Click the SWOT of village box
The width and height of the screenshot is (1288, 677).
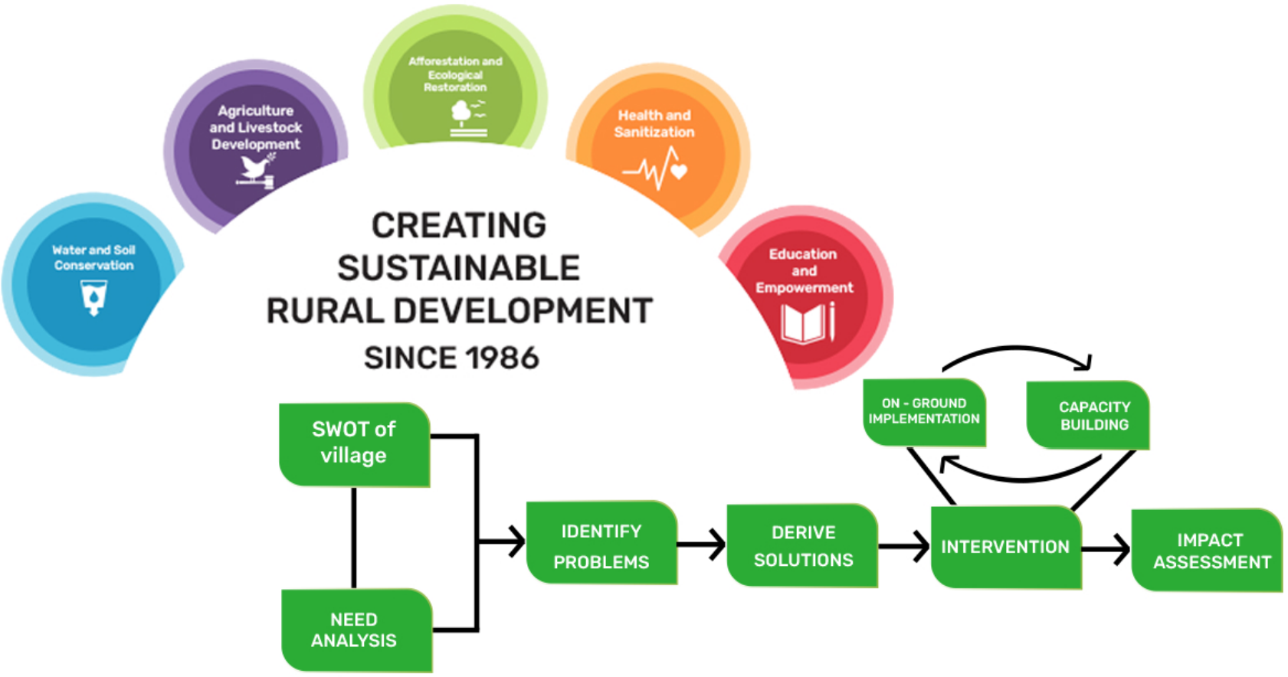tap(354, 444)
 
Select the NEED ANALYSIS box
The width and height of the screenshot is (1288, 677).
tap(356, 630)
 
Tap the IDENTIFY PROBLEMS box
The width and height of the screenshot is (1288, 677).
tap(601, 543)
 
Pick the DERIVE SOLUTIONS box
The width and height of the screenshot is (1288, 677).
tap(802, 546)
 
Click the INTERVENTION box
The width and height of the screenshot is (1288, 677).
tap(1006, 547)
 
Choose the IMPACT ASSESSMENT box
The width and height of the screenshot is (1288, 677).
tap(1208, 550)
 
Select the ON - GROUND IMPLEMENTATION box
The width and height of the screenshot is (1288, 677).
tap(924, 412)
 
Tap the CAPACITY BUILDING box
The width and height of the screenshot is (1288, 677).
tap(1088, 415)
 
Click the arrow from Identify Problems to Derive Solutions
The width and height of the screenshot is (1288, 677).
tap(702, 544)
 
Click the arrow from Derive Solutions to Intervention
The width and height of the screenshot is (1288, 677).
tap(904, 546)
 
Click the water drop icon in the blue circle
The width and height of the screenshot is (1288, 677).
tap(93, 298)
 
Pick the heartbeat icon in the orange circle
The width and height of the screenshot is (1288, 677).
tap(656, 168)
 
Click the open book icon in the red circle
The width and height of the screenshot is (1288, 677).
tap(808, 323)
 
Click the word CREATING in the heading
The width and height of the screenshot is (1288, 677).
tap(459, 224)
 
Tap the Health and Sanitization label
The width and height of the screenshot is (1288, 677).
tap(654, 123)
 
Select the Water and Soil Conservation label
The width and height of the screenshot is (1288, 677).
tap(93, 257)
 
